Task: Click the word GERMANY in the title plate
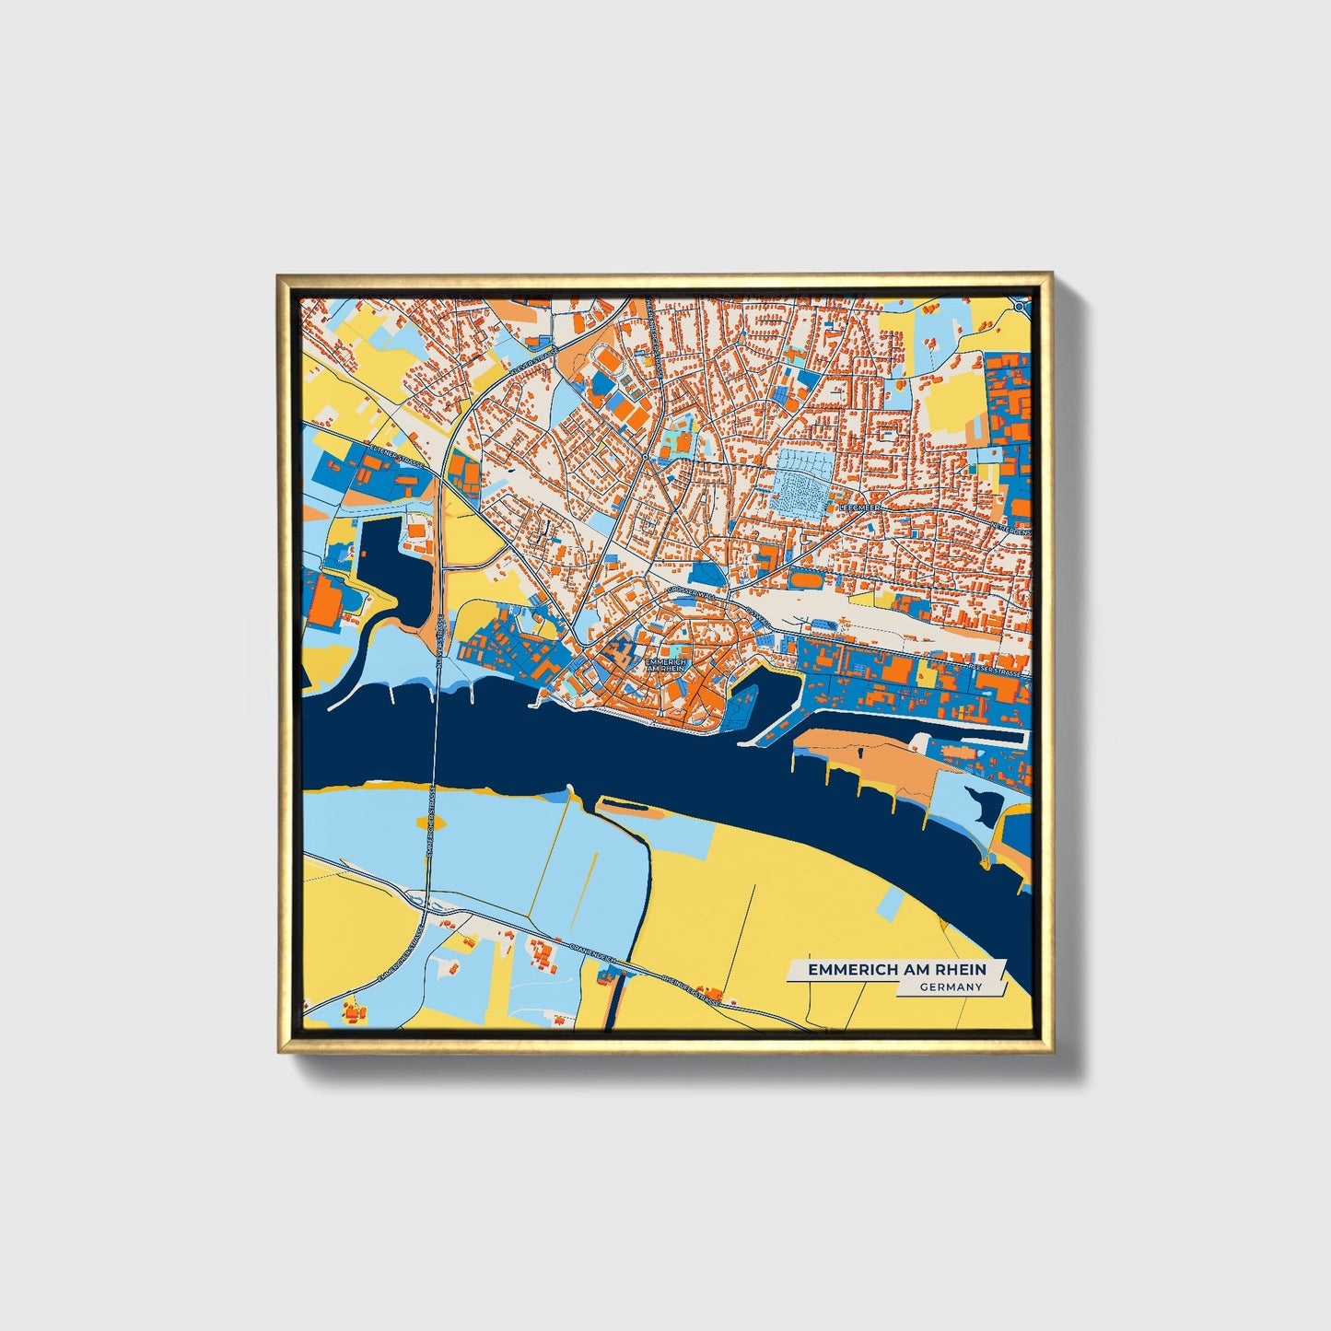tap(951, 987)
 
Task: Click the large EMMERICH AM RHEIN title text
tap(896, 970)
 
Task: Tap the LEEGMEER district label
tap(859, 508)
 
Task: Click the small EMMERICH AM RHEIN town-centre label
tap(666, 665)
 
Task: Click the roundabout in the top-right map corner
tap(1020, 305)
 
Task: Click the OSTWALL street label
tap(753, 614)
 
